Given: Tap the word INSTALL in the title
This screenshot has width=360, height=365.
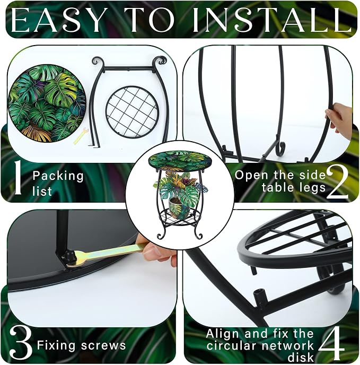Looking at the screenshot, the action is click(273, 20).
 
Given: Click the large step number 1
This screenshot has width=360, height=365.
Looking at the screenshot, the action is click(18, 178).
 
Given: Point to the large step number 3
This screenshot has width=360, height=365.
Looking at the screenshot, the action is click(21, 345).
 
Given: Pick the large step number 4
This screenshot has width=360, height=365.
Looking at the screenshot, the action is click(331, 345).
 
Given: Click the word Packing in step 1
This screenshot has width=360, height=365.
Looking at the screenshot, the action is click(58, 176).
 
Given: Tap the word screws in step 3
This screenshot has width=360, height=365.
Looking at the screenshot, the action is click(103, 345).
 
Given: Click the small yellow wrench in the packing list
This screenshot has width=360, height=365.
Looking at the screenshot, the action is click(81, 136).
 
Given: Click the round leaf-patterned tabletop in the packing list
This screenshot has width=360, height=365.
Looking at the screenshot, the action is click(47, 103).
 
